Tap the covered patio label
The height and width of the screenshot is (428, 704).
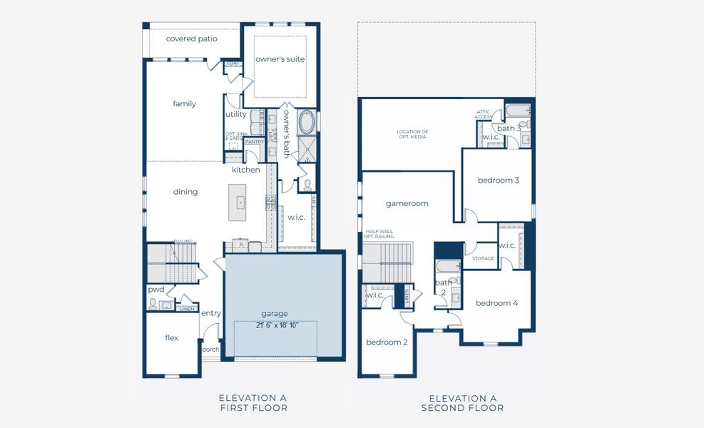191,39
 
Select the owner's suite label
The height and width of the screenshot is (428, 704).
280,59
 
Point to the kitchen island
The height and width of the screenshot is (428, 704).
238,202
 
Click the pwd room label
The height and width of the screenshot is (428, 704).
156,290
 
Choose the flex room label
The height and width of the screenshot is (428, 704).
171,337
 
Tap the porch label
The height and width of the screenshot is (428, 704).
210,350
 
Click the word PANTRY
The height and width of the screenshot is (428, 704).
254,142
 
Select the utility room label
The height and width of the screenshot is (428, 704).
236,114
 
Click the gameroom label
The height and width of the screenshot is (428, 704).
407,203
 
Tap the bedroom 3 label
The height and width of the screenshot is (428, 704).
498,180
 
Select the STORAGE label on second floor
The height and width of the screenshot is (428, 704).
483,258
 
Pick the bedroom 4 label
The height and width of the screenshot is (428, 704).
496,303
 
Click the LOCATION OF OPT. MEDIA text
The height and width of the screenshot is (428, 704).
412,134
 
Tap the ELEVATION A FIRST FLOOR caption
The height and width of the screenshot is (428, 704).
253,403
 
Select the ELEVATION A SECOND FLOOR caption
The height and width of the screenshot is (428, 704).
462,403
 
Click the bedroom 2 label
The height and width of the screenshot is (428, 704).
387,342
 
